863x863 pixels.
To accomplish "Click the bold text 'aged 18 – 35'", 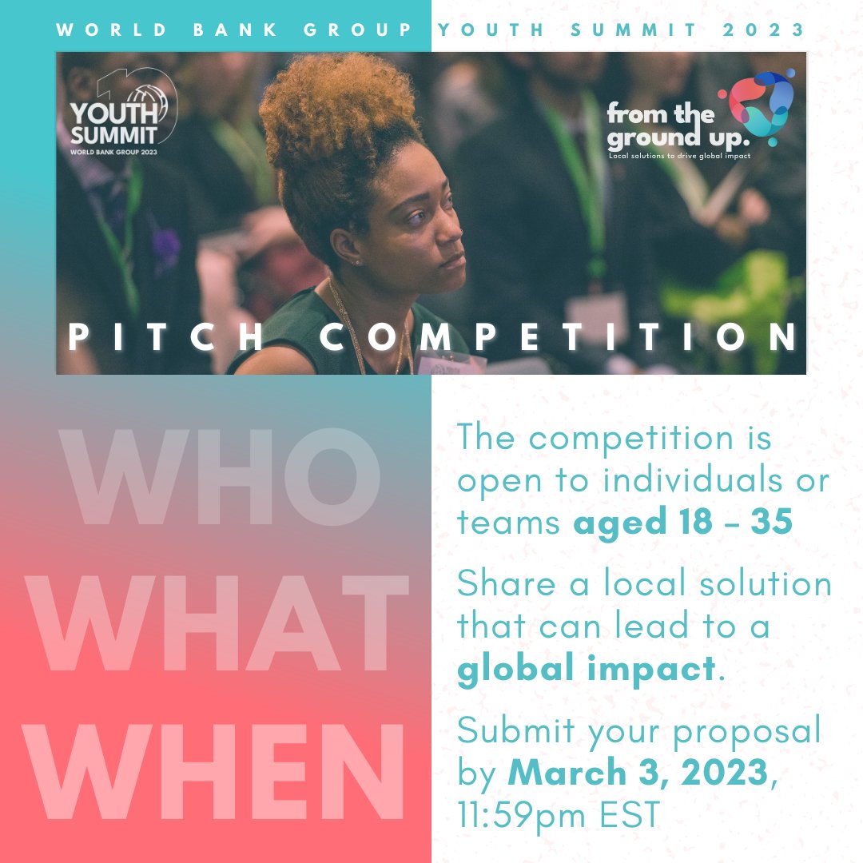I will tap(682, 523).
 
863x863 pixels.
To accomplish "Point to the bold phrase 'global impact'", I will tap(587, 669).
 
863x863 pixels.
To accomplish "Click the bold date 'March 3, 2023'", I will tap(638, 773).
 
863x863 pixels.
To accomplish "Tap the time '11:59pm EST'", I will tap(559, 814).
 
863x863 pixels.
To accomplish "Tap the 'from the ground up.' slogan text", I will tap(662, 125).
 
